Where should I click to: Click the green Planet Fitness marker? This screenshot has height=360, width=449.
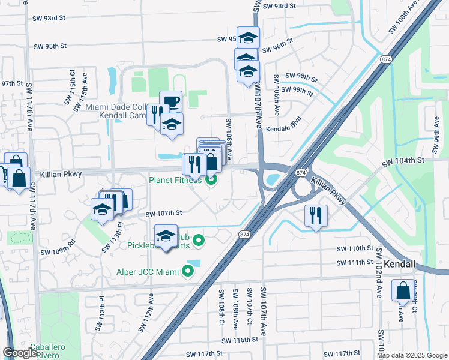(x=211, y=179)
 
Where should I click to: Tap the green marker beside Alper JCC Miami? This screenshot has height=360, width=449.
(x=188, y=272)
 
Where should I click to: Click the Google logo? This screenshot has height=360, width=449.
(x=20, y=353)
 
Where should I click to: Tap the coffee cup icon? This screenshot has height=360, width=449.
(x=170, y=101)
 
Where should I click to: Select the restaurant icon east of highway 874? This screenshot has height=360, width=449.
(x=316, y=215)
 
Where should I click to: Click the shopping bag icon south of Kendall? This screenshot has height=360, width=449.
(x=402, y=290)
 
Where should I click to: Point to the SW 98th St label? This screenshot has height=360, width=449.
(x=300, y=76)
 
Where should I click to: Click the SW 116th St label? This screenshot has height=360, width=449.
(x=239, y=340)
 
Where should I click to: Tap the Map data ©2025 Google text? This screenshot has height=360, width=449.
(x=412, y=355)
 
